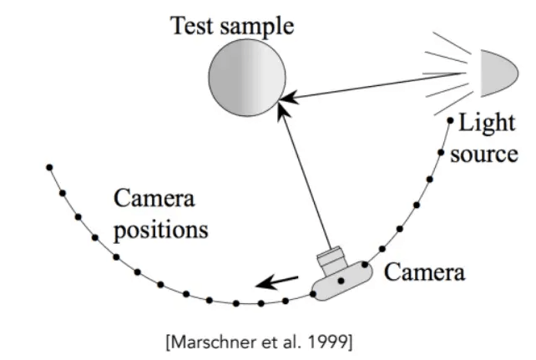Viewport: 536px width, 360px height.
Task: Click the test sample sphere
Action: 247,78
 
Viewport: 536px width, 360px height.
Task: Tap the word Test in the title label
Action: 193,25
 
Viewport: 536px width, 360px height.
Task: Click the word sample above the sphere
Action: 257,27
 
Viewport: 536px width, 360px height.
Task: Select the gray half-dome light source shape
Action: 500,74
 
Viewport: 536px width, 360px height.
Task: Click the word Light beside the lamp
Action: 487,124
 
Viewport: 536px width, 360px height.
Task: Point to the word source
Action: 484,155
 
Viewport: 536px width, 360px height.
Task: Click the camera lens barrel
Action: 331,260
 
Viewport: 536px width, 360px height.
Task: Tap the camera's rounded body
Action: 342,281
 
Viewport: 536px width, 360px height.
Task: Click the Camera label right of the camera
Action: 425,272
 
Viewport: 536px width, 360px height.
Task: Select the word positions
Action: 160,230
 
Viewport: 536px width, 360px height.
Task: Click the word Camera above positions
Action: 154,198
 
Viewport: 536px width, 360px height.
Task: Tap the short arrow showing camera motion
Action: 277,282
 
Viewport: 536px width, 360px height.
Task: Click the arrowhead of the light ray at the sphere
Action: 288,98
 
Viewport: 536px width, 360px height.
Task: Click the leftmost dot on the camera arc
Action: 49,168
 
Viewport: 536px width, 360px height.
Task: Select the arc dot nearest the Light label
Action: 450,120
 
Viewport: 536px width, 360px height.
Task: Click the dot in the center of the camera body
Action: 341,281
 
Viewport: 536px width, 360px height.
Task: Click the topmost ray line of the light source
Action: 452,43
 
